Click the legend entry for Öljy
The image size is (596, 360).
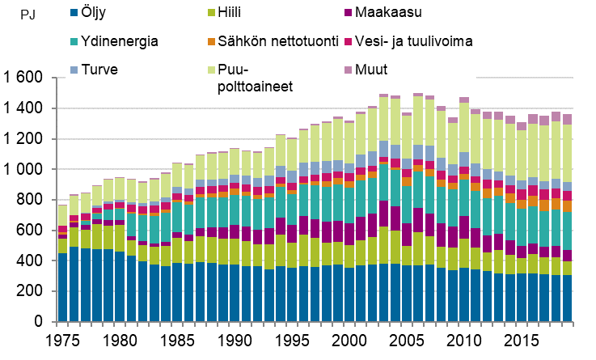click(x=96, y=12)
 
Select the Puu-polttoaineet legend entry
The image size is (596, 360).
click(x=242, y=78)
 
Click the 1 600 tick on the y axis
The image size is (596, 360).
click(x=23, y=78)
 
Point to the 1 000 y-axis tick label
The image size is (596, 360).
click(x=23, y=170)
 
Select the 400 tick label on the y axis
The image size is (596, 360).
click(x=31, y=262)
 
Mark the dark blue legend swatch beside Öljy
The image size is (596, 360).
click(x=74, y=12)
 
